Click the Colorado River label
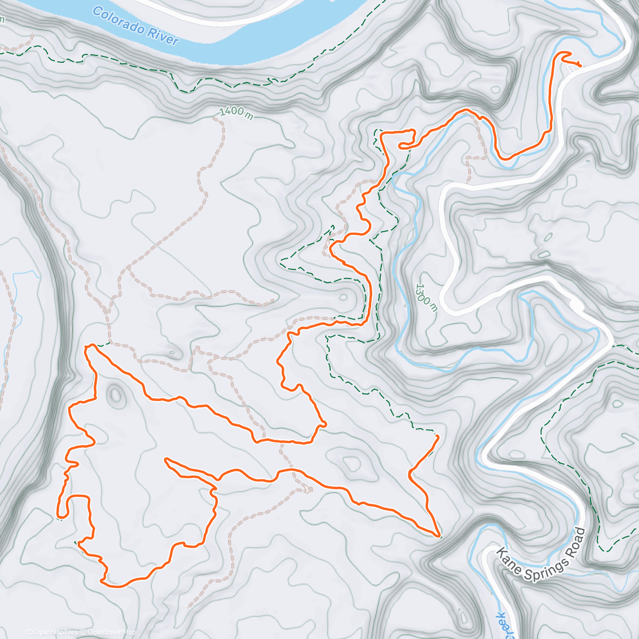(x=135, y=25)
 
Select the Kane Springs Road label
(x=541, y=552)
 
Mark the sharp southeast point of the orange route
(x=439, y=536)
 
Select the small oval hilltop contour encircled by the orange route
(x=115, y=395)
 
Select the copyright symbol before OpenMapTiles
(x=29, y=632)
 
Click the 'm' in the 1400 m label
(x=249, y=116)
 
